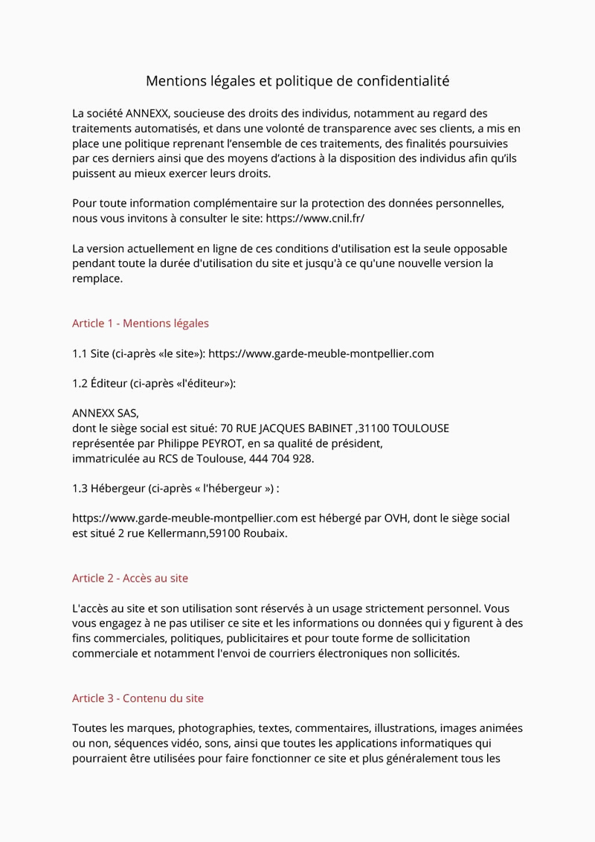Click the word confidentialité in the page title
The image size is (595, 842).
400,80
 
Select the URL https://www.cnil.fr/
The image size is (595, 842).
315,219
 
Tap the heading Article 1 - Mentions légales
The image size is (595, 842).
141,324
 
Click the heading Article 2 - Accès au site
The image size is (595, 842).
130,578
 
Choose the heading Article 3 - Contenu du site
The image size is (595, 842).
138,698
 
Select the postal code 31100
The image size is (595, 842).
373,428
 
